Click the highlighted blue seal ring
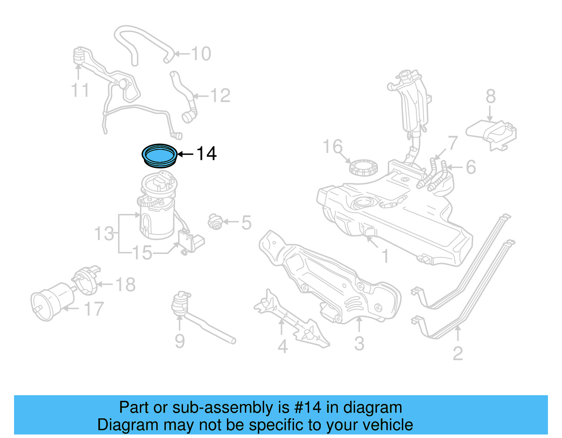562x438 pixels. pos(159,155)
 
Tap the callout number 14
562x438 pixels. pos(206,154)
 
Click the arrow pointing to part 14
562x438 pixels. pos(185,154)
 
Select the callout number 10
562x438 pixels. pos(201,54)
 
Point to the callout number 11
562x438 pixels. pos(80,90)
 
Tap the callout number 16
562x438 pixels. pos(332,147)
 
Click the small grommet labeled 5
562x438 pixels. pos(215,222)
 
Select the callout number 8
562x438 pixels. pos(490,96)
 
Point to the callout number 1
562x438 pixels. pos(385,256)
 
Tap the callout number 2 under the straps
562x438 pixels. pos(457,353)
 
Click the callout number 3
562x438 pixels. pos(359,343)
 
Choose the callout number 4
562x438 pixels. pos(282,346)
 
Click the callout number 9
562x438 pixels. pos(179,341)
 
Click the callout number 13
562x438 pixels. pos(104,234)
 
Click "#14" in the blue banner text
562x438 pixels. pos(307,407)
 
